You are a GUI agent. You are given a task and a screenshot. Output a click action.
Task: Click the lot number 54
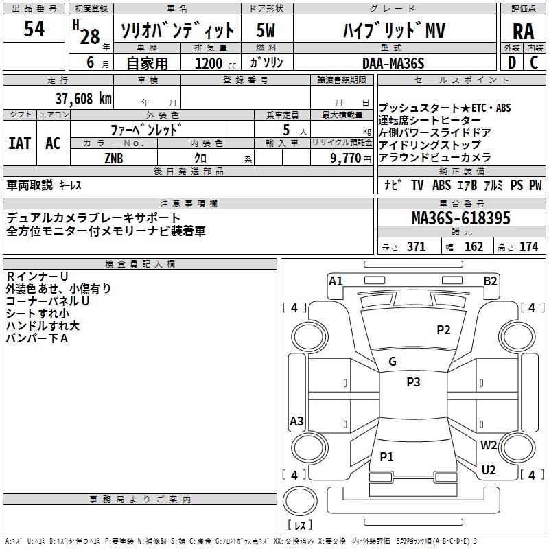point(34,29)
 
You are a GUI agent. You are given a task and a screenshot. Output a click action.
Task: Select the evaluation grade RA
point(523,31)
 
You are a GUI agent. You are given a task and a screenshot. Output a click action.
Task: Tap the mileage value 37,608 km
point(84,98)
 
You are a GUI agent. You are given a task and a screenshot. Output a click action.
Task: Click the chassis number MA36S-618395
point(460,219)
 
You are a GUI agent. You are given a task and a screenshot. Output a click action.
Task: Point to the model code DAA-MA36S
point(393,63)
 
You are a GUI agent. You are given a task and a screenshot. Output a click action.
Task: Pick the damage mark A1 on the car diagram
point(336,281)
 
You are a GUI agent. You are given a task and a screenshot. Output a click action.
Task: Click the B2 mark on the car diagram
point(490,281)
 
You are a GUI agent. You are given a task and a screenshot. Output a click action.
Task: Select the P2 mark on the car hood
point(443,330)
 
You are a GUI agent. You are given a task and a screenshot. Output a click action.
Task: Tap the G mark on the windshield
point(392,362)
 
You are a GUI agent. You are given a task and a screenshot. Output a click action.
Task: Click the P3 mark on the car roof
point(412,382)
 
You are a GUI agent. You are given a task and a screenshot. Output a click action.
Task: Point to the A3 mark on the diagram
point(296,421)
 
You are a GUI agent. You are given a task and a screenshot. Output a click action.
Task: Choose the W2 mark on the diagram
point(489,445)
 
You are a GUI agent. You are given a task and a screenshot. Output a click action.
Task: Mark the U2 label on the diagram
point(489,469)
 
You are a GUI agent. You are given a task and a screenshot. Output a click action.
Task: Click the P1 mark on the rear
point(386,456)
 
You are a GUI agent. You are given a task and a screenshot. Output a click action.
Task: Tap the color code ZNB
point(114,158)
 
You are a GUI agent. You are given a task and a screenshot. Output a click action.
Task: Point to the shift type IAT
point(19,143)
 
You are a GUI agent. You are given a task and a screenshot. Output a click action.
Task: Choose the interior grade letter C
point(534,62)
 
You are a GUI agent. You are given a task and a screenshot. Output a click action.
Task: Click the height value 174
point(528,247)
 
